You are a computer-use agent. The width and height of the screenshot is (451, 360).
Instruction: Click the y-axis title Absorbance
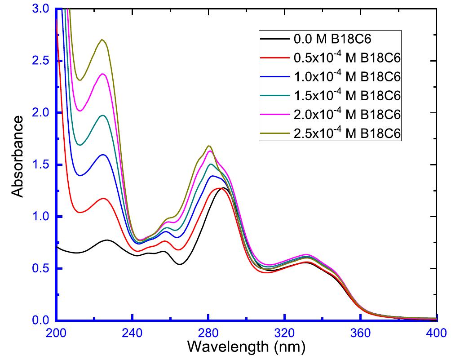tap(18, 156)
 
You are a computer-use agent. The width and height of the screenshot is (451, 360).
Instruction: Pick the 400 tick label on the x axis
tap(435, 333)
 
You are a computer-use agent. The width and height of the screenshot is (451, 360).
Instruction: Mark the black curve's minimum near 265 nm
tap(180, 264)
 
